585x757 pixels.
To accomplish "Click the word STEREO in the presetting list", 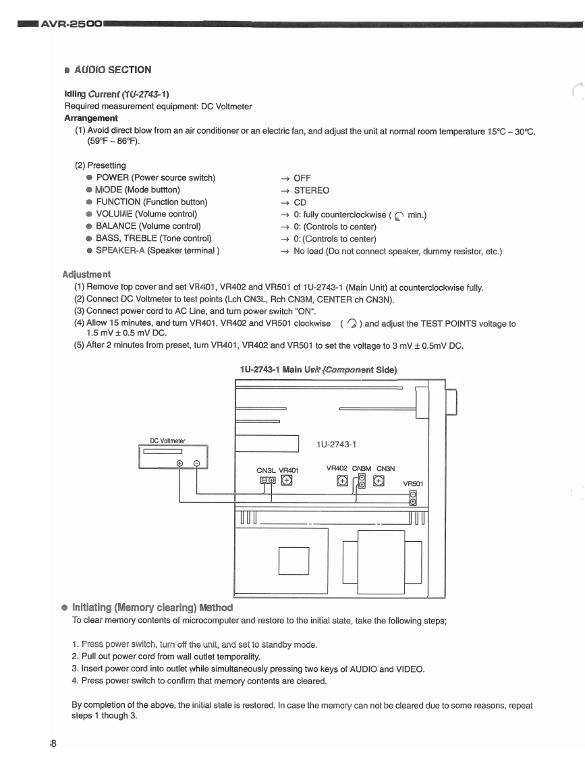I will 312,190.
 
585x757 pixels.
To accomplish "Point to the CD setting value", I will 300,202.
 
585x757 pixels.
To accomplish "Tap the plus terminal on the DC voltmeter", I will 180,463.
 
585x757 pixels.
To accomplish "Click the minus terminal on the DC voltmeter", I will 196,463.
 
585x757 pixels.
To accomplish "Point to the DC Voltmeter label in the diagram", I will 167,441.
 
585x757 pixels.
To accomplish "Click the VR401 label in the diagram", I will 288,470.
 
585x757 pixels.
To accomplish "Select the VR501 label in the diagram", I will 414,483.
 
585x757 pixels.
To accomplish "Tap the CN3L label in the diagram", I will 267,470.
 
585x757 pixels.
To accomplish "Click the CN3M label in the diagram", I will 362,468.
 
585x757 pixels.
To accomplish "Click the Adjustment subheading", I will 86,275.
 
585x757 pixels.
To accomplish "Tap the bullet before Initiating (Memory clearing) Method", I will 65,608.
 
